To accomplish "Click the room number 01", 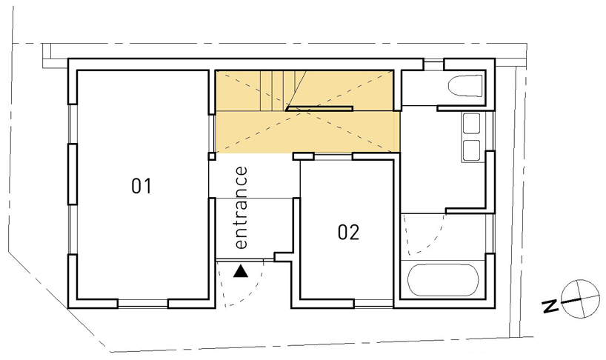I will [141, 186].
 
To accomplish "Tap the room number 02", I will [348, 233].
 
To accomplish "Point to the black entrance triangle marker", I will [240, 272].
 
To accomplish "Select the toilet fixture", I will [465, 86].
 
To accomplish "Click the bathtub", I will [443, 280].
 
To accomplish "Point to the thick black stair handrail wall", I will [319, 108].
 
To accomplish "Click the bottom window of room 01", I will [142, 303].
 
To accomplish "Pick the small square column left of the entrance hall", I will [212, 156].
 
